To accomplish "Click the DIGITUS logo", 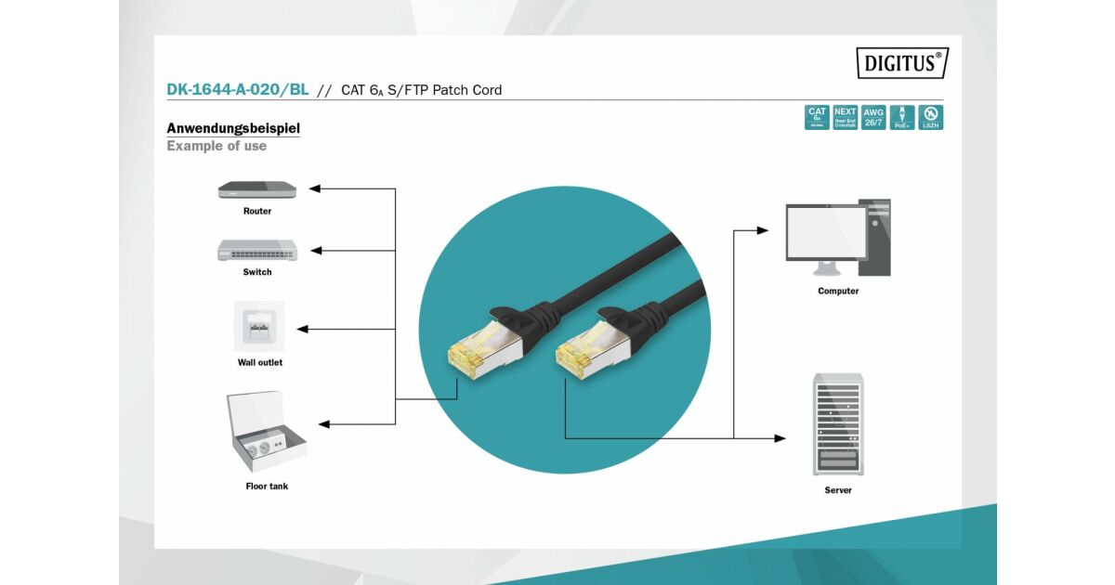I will click(x=902, y=63).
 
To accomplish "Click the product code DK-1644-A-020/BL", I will click(x=238, y=90).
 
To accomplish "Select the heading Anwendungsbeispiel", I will click(x=233, y=128).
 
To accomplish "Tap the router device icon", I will click(x=257, y=189).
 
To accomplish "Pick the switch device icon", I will click(x=257, y=250).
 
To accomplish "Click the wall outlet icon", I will click(x=259, y=326).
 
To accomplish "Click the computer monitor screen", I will click(x=825, y=232).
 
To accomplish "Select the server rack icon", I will click(x=837, y=424).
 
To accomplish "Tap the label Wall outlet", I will click(x=260, y=362).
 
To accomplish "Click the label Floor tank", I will click(x=267, y=486).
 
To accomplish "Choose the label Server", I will click(x=838, y=489).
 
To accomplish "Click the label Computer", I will click(x=838, y=291).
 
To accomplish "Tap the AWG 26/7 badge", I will click(x=873, y=117).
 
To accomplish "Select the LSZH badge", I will click(x=930, y=117).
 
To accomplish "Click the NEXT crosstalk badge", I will click(x=846, y=117).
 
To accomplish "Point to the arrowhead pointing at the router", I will click(x=314, y=188).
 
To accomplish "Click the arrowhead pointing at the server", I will click(x=780, y=438).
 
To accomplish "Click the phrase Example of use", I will click(x=216, y=146).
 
